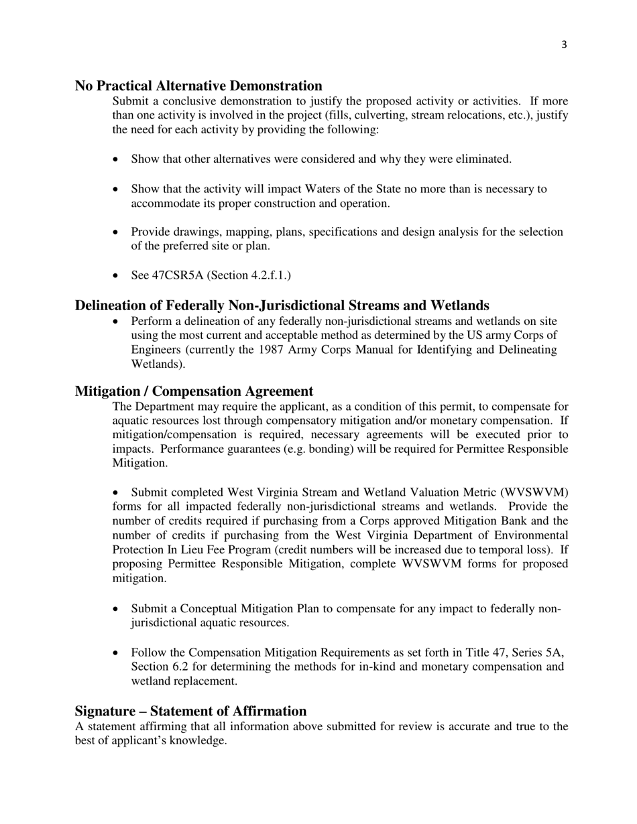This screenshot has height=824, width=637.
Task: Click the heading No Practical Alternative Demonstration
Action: tap(198, 86)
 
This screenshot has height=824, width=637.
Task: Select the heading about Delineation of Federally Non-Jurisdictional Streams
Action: tap(282, 305)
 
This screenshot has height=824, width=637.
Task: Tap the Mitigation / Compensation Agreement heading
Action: tap(194, 391)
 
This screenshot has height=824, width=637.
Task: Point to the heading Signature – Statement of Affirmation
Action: tap(190, 711)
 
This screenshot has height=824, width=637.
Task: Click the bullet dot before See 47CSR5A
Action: tap(117, 275)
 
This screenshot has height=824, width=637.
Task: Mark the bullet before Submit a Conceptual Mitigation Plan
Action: tap(117, 609)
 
